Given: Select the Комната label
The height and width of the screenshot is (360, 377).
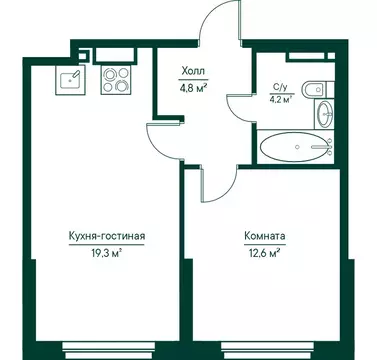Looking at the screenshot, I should click(x=264, y=236).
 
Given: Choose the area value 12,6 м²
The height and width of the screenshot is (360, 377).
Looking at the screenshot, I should click(x=264, y=253).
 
